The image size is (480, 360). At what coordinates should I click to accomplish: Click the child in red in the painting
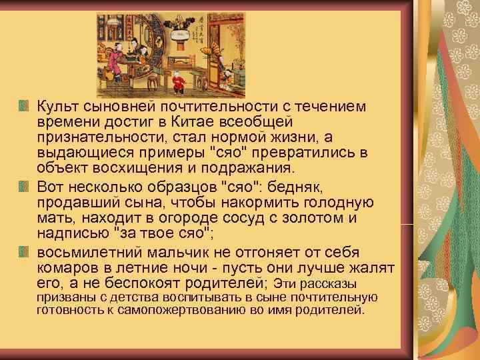[x=177, y=83]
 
